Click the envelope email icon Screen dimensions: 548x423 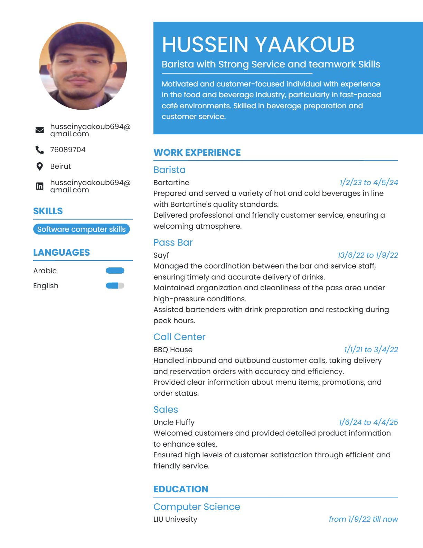[x=40, y=130]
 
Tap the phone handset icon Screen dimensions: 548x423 [x=40, y=150]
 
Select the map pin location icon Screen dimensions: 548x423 [x=40, y=166]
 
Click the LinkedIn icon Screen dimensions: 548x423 [x=40, y=186]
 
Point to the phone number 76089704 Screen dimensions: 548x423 [x=68, y=150]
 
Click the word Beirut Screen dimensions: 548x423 [x=60, y=166]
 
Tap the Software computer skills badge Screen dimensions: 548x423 [x=82, y=229]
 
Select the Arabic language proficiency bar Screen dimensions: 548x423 [x=115, y=271]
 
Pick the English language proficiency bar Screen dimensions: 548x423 [x=115, y=286]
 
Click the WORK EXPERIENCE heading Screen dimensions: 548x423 [x=197, y=153]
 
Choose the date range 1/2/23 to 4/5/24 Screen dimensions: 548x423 [x=368, y=182]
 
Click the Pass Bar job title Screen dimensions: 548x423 [x=173, y=243]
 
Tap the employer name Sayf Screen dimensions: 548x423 [x=161, y=255]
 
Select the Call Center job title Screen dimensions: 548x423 [x=179, y=337]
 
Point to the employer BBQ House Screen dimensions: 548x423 [x=173, y=350]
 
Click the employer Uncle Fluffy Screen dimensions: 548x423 [x=174, y=422]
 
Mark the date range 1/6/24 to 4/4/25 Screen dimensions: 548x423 [x=368, y=422]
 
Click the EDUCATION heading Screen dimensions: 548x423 [x=181, y=489]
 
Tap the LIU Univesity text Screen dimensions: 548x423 [x=175, y=519]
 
